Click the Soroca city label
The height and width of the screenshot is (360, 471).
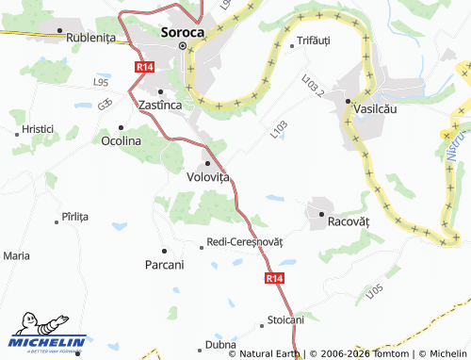coord(183,31)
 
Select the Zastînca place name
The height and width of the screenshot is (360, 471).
coord(159,105)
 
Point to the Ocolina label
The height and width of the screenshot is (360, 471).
coord(121,140)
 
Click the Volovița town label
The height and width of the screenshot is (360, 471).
coord(208,175)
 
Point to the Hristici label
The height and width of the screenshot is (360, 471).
coord(39,127)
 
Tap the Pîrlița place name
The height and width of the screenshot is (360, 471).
coord(73,216)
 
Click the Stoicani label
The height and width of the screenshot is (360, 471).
coord(285,319)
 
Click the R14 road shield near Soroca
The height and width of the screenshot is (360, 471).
coord(144,68)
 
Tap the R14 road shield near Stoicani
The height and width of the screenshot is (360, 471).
coord(273,279)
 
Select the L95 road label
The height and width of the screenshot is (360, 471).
coord(101,83)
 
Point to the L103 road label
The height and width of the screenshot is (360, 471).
coord(278,130)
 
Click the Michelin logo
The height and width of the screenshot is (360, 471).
coord(47,337)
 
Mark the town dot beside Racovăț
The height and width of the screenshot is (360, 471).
coord(321,217)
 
